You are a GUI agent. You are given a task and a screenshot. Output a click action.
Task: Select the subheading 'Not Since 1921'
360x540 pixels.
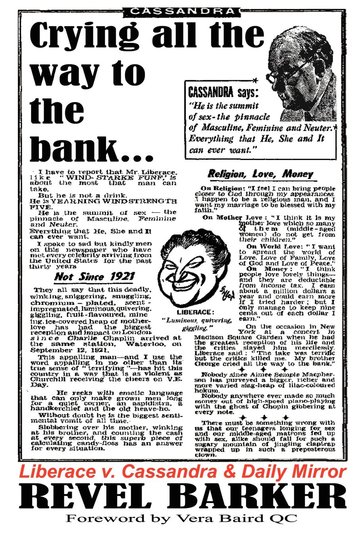tap(94, 277)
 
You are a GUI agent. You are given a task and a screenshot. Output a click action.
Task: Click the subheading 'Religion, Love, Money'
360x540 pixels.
tap(260, 174)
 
